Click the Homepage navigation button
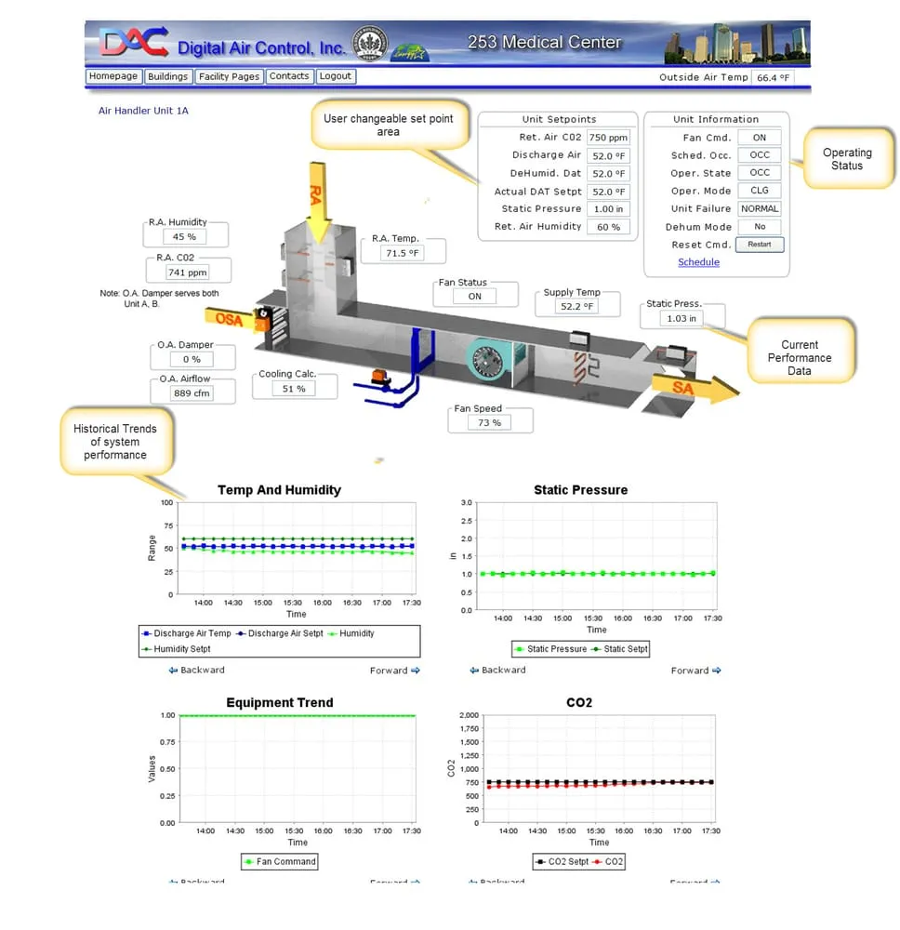pos(113,76)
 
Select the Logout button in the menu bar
pos(336,76)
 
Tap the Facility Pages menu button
pos(229,76)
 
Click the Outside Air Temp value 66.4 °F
pos(773,78)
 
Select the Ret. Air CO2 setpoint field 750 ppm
pos(609,138)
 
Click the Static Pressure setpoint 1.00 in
pos(609,209)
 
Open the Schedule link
pos(698,262)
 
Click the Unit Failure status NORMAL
pos(760,209)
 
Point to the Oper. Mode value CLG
pos(760,191)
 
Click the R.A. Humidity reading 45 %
pos(184,237)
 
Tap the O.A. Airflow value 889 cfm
pos(191,393)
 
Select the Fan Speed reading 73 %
pos(490,423)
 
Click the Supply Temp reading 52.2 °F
pos(576,307)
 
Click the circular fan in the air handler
pos(490,362)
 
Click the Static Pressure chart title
pos(580,490)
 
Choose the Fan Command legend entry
pos(280,862)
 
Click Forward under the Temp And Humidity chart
pos(394,671)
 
